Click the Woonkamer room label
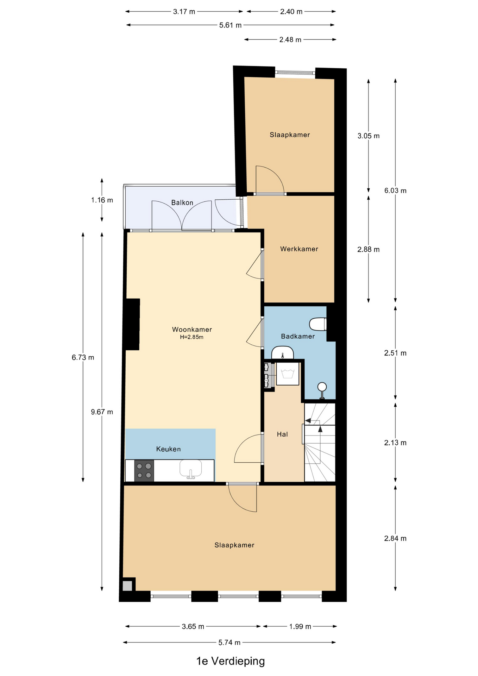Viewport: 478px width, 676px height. pyautogui.click(x=192, y=330)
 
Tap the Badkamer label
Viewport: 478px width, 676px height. pyautogui.click(x=298, y=336)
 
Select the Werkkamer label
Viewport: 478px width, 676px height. pyautogui.click(x=299, y=249)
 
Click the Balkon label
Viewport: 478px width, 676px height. pyautogui.click(x=182, y=202)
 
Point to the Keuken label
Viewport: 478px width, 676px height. pyautogui.click(x=169, y=449)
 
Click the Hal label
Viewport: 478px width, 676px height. pyautogui.click(x=282, y=434)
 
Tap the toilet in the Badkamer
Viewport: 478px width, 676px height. pyautogui.click(x=318, y=324)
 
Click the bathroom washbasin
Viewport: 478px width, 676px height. pyautogui.click(x=283, y=352)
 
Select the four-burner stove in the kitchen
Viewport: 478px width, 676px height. pyautogui.click(x=144, y=471)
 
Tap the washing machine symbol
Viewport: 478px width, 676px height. pyautogui.click(x=288, y=374)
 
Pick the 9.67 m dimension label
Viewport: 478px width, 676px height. pyautogui.click(x=102, y=412)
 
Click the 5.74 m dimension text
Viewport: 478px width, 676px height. pyautogui.click(x=229, y=642)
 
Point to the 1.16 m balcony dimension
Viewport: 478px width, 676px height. pyautogui.click(x=102, y=200)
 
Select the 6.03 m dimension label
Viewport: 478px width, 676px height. pyautogui.click(x=395, y=190)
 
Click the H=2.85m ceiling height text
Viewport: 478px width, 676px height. pyautogui.click(x=192, y=337)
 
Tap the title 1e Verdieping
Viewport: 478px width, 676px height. pyautogui.click(x=231, y=661)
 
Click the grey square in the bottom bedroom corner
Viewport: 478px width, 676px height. pyautogui.click(x=127, y=586)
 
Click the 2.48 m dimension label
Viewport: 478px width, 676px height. pyautogui.click(x=290, y=39)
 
